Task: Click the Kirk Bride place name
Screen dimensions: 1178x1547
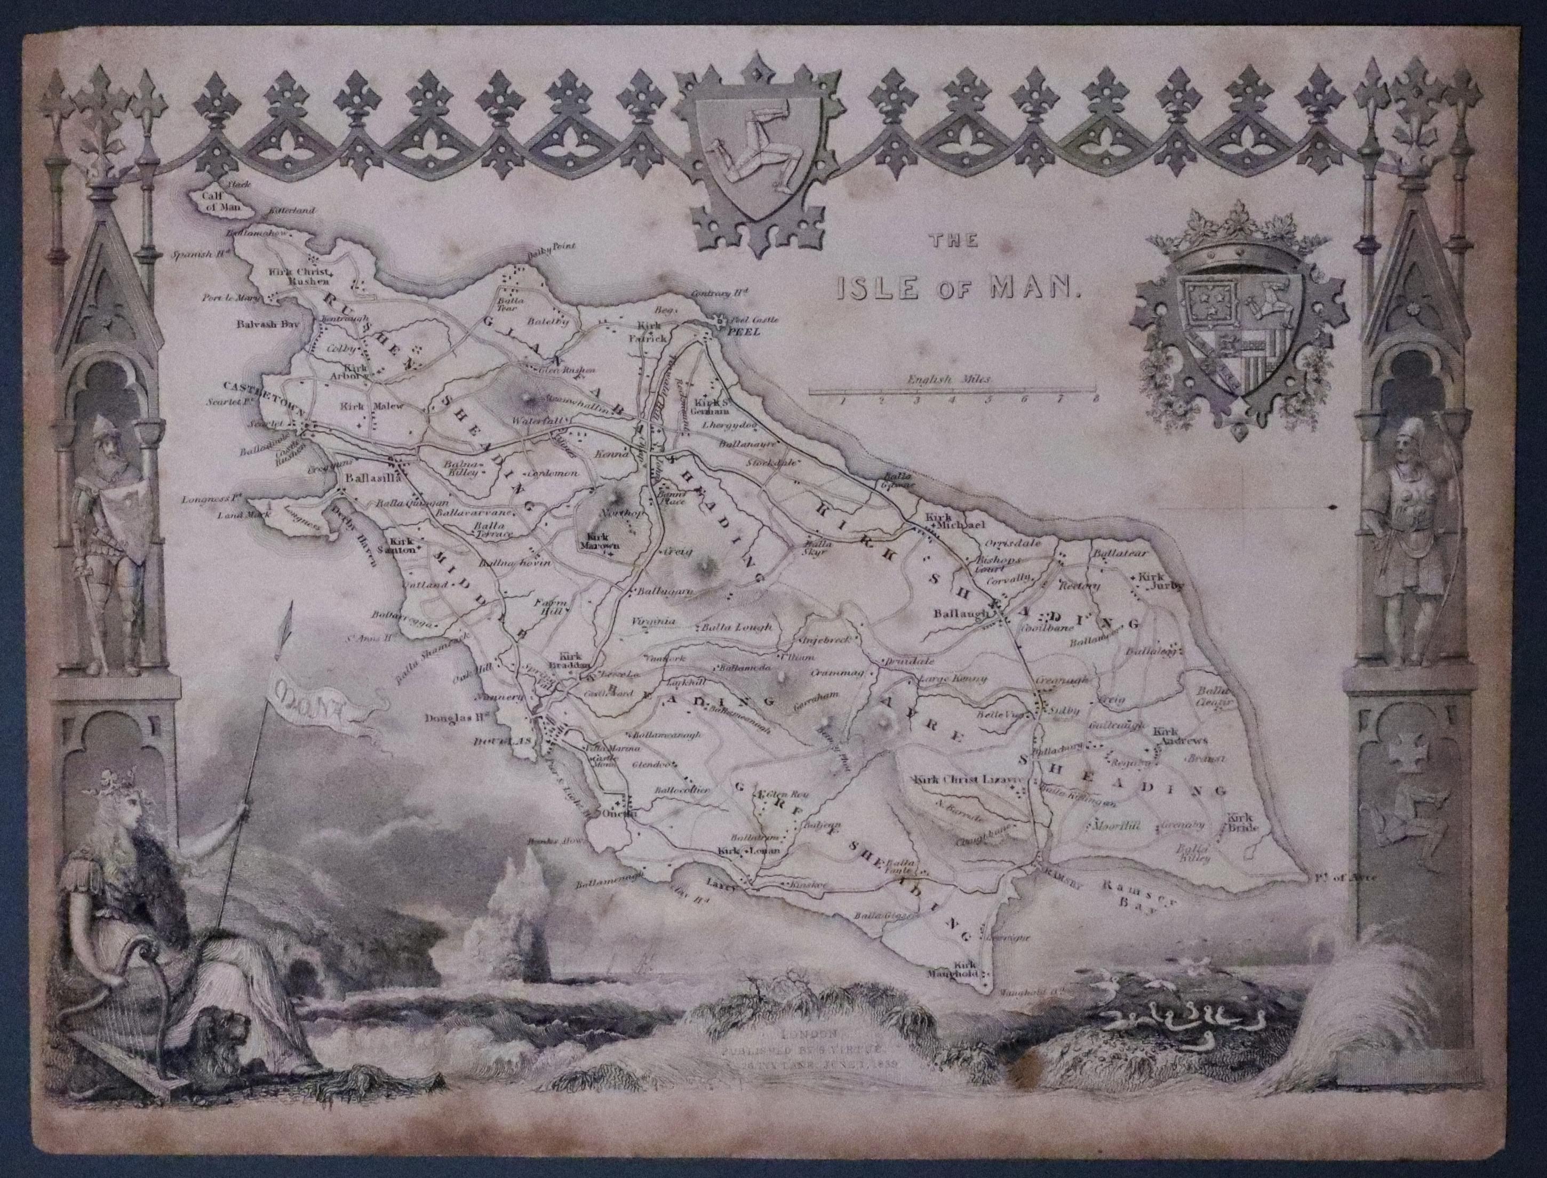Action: (1242, 822)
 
